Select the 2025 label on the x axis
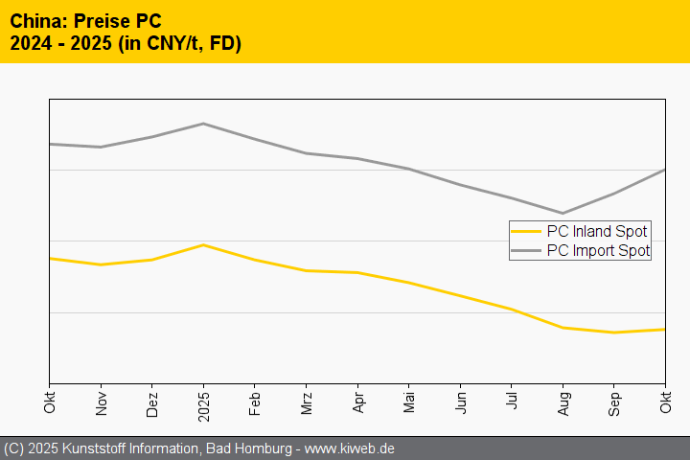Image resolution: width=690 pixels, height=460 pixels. pyautogui.click(x=203, y=403)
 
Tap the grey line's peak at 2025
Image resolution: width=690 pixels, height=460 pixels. pyautogui.click(x=203, y=124)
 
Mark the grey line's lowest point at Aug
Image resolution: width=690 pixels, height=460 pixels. pyautogui.click(x=563, y=214)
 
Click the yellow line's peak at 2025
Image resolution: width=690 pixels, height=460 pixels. pyautogui.click(x=203, y=244)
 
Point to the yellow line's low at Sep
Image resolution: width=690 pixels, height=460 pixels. pyautogui.click(x=614, y=333)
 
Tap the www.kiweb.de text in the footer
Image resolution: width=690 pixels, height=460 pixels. pyautogui.click(x=350, y=448)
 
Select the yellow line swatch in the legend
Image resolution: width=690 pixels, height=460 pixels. pyautogui.click(x=526, y=231)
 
